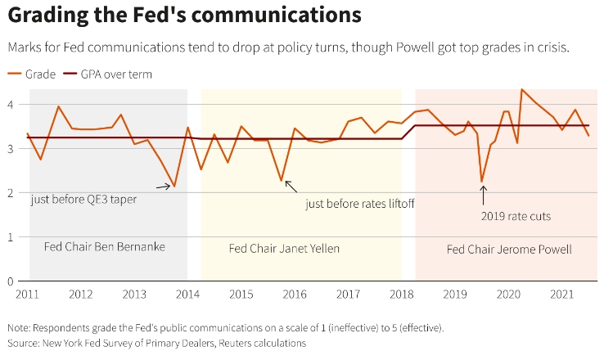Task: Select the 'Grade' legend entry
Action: click(x=32, y=74)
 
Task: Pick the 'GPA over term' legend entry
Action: click(x=108, y=74)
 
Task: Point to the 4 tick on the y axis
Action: click(x=11, y=105)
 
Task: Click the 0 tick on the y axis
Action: click(x=11, y=281)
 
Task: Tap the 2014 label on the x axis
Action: click(x=187, y=295)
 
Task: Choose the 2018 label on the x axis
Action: click(x=402, y=295)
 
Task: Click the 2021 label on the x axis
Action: click(x=562, y=295)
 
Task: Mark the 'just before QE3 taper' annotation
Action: click(x=83, y=199)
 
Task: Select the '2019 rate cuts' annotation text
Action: click(x=515, y=217)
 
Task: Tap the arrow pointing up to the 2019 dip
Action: click(x=483, y=195)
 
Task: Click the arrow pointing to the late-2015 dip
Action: click(x=291, y=187)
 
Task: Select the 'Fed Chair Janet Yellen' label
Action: click(x=284, y=249)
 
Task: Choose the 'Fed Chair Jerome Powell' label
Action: click(x=509, y=249)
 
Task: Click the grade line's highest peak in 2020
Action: click(x=522, y=89)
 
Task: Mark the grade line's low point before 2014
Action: click(x=174, y=187)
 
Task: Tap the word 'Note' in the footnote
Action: click(x=20, y=327)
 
